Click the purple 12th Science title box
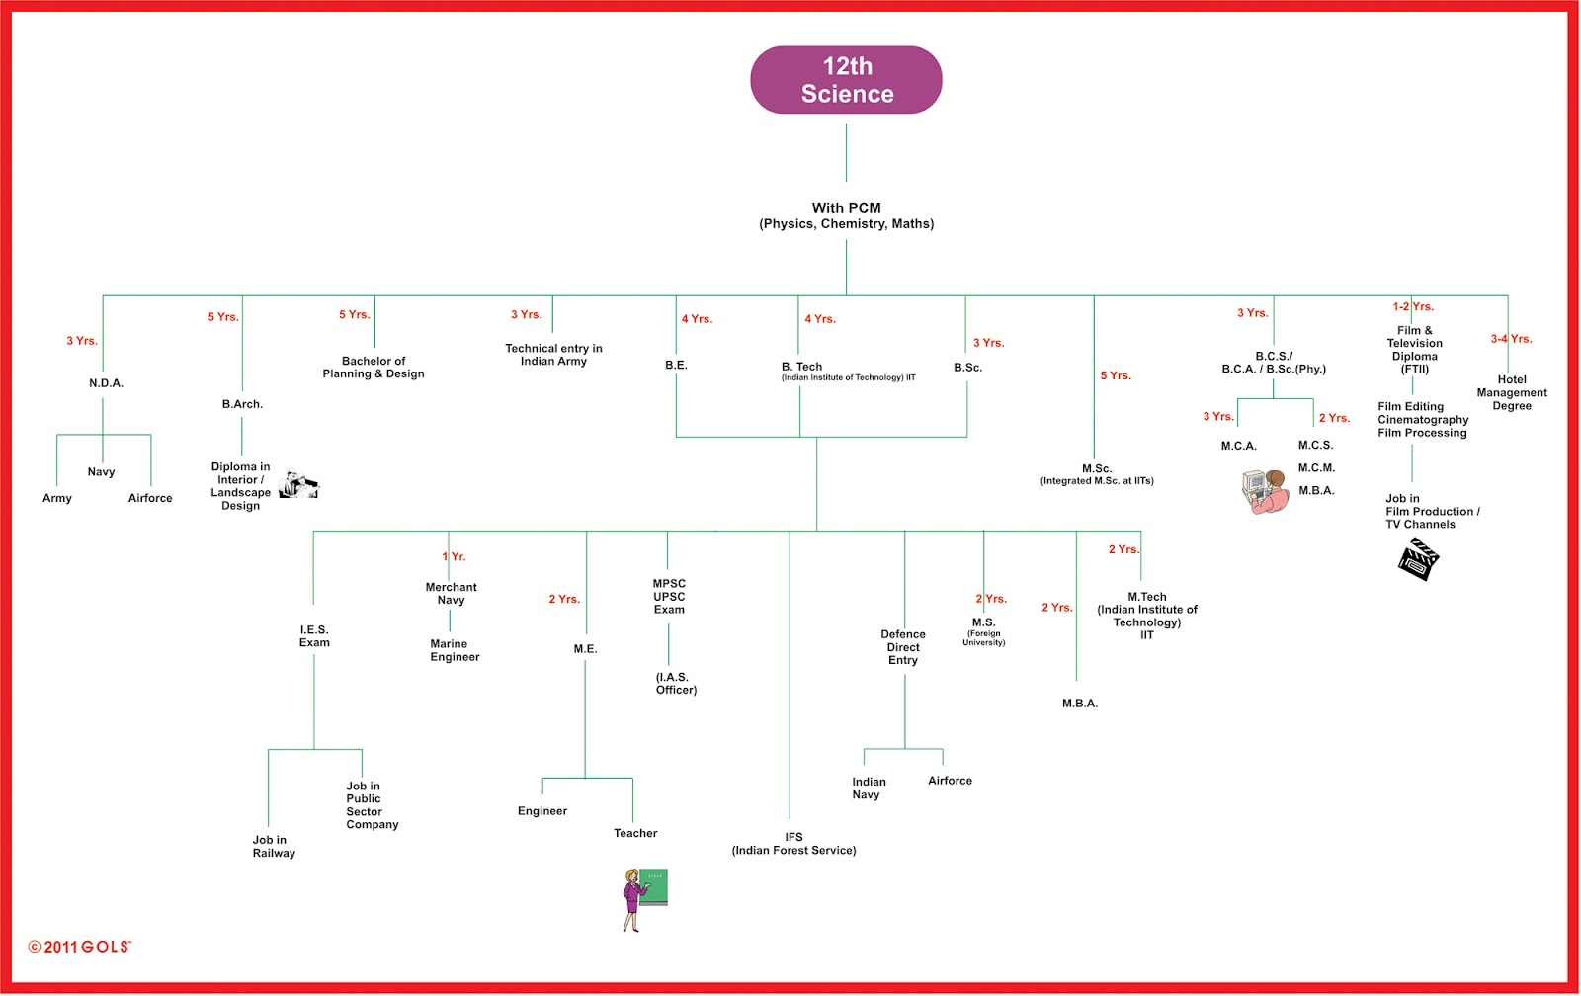pyautogui.click(x=846, y=80)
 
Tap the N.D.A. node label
pyautogui.click(x=106, y=383)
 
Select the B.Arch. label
pyautogui.click(x=242, y=404)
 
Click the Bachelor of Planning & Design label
pyautogui.click(x=374, y=367)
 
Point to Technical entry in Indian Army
pyautogui.click(x=553, y=355)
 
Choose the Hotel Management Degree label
pyautogui.click(x=1512, y=392)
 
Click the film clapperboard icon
pyautogui.click(x=1418, y=559)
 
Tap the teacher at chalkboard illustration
pyautogui.click(x=644, y=900)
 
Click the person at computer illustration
pyautogui.click(x=1265, y=491)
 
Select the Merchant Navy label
pyautogui.click(x=451, y=594)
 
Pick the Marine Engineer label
pyautogui.click(x=455, y=650)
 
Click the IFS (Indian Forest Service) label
pyautogui.click(x=794, y=844)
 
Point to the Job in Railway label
pyautogui.click(x=274, y=847)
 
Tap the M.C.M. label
pyautogui.click(x=1316, y=468)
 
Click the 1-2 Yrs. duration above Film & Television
pyautogui.click(x=1413, y=306)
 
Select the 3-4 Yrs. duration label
pyautogui.click(x=1511, y=339)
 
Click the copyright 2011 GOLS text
pyautogui.click(x=80, y=947)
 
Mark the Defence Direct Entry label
pyautogui.click(x=903, y=647)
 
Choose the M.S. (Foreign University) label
pyautogui.click(x=984, y=631)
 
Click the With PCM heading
pyautogui.click(x=846, y=208)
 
